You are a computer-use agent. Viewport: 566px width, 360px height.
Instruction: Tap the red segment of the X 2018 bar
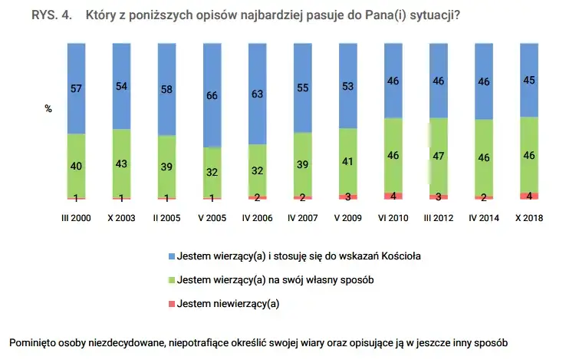(528, 195)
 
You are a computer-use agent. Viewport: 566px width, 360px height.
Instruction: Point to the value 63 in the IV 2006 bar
(257, 94)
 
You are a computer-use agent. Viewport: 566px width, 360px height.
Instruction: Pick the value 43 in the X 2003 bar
(121, 164)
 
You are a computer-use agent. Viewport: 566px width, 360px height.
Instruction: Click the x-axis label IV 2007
(302, 218)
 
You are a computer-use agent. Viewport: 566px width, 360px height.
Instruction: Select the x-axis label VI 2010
(393, 218)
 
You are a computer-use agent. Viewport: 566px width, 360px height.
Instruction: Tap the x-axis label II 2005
(166, 218)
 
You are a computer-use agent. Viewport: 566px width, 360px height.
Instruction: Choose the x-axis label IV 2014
(483, 218)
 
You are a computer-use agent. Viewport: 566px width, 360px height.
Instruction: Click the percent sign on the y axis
(48, 109)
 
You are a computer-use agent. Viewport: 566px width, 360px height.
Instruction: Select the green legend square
(171, 279)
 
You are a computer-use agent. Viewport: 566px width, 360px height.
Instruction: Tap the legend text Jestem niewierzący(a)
(228, 303)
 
